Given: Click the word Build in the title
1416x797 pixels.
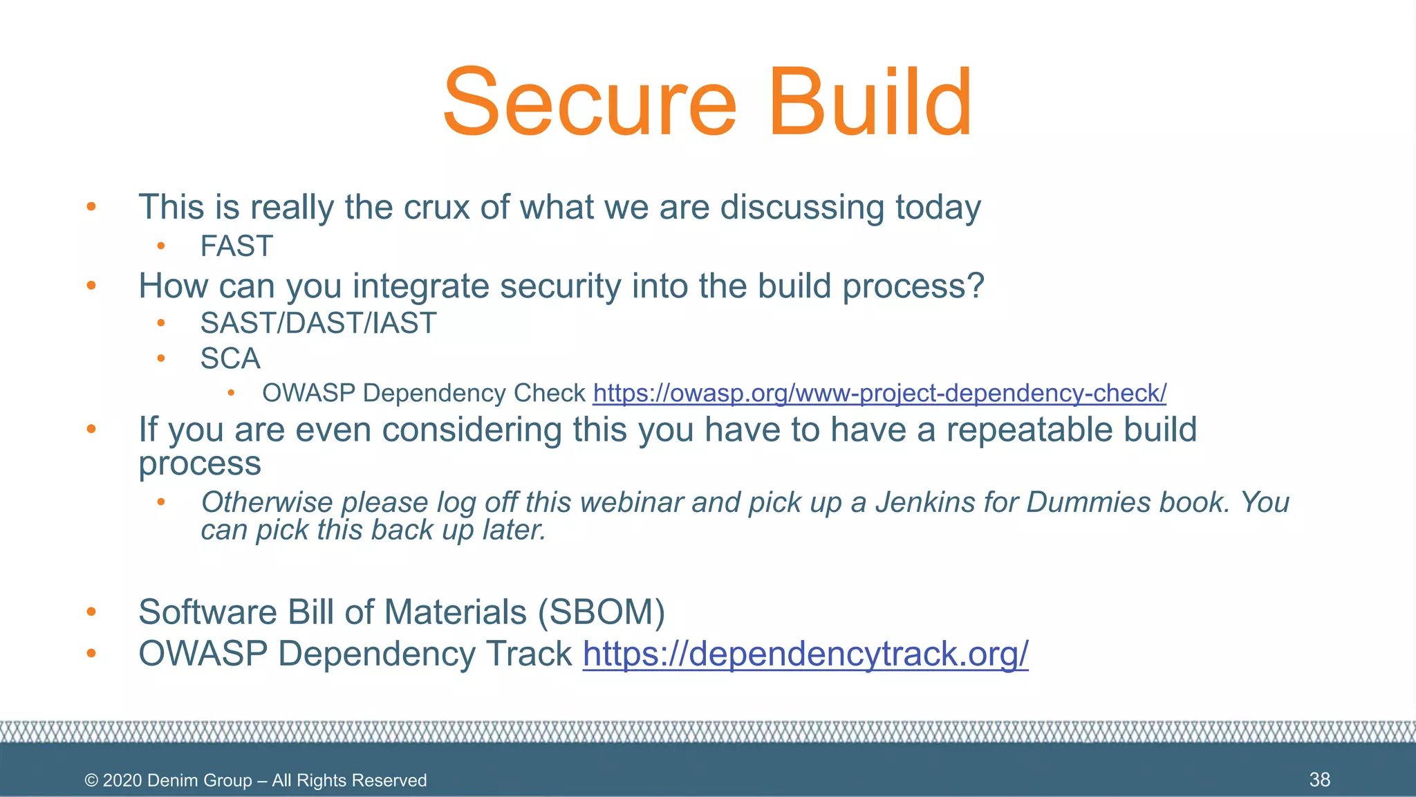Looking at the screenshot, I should [870, 102].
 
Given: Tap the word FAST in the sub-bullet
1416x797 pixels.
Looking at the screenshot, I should [236, 246].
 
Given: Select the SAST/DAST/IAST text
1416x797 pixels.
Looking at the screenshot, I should [318, 323].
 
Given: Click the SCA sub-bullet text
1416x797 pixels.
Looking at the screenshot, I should [230, 358].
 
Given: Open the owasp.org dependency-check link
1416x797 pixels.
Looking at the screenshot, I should [879, 393].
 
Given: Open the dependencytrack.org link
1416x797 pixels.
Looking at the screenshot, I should [805, 653].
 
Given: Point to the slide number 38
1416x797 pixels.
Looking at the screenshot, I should [1319, 780].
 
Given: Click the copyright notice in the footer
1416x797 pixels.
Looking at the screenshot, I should [255, 780].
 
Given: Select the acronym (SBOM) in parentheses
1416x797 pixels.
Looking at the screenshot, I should [602, 612].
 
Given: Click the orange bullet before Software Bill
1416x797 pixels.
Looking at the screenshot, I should [91, 612].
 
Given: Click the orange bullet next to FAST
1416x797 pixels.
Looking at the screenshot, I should [161, 246].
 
